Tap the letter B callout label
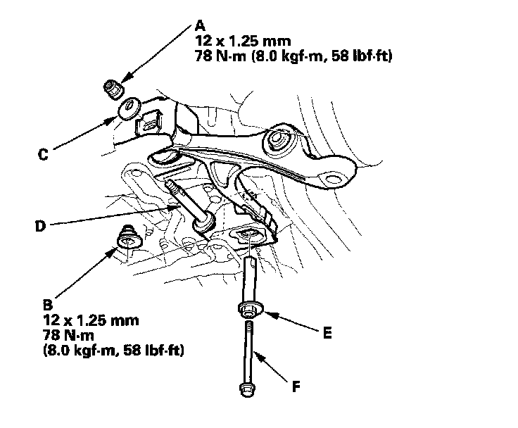[x=47, y=306]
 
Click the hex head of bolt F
[x=246, y=389]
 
